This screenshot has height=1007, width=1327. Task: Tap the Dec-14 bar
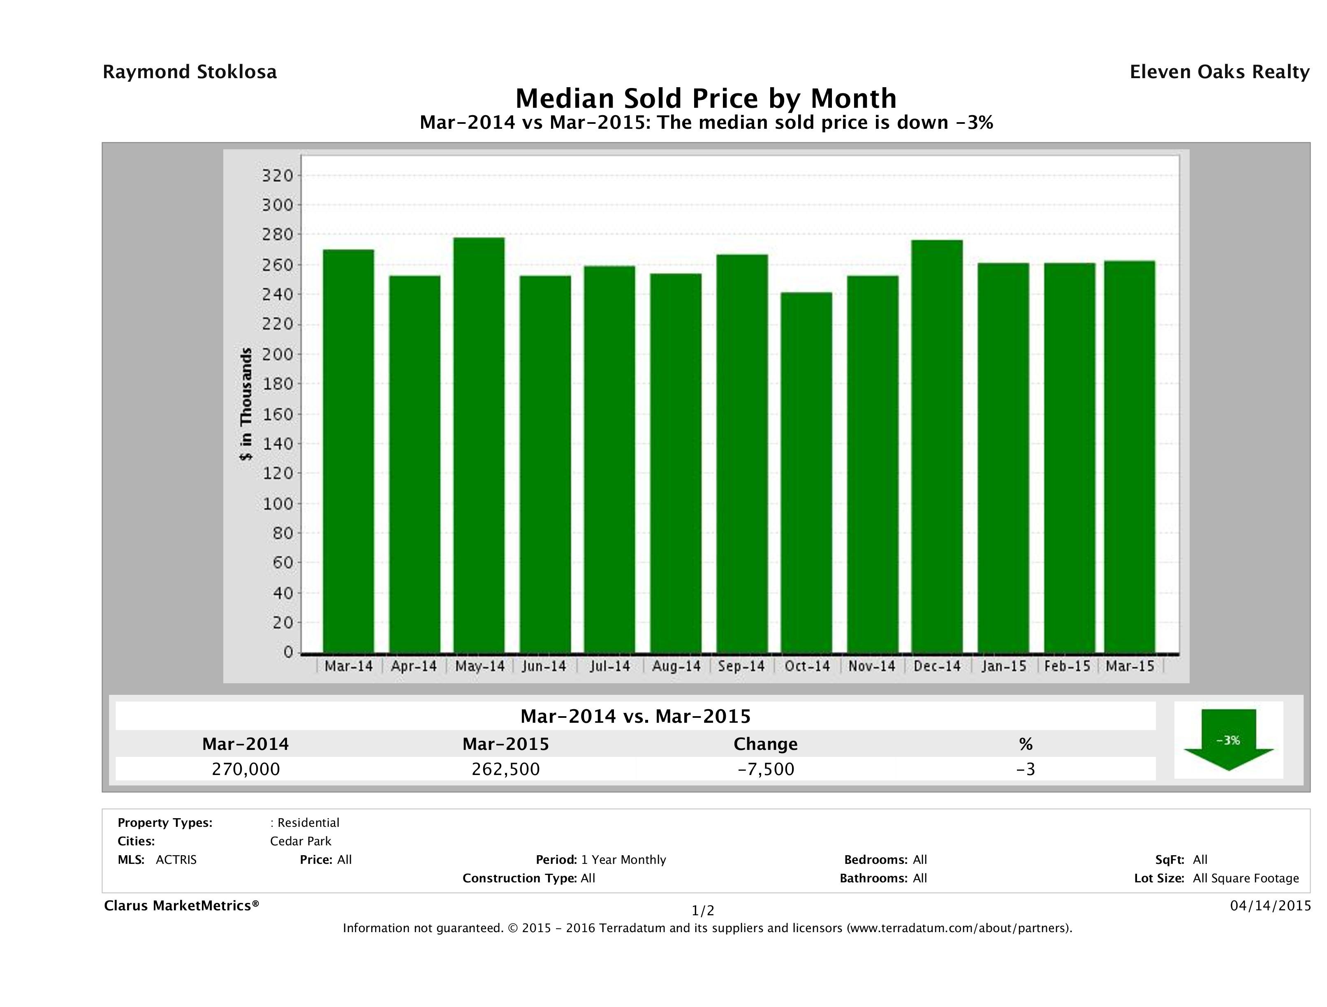937,446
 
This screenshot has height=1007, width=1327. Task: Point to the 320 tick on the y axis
278,176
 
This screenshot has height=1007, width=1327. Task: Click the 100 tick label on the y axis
278,503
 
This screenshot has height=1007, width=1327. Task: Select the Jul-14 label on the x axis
609,666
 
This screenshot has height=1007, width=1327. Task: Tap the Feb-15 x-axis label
1067,666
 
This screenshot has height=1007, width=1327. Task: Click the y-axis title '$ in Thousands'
246,404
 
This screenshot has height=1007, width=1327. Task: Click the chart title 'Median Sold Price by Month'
706,98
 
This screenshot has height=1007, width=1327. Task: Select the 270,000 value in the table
246,769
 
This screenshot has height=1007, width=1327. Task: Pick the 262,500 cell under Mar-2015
506,769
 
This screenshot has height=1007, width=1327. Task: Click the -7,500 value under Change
766,769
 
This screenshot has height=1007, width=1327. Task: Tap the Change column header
766,744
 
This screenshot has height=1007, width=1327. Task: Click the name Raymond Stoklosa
190,72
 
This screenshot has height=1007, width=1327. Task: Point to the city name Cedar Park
301,841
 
